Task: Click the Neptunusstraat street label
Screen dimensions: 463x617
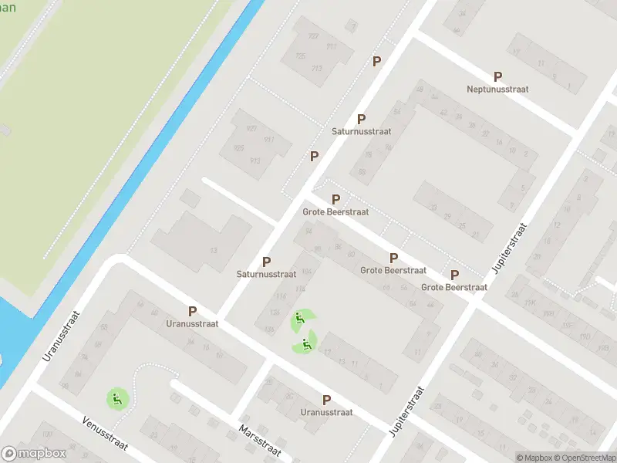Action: tap(497, 90)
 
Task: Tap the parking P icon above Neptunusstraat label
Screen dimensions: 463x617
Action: tap(497, 76)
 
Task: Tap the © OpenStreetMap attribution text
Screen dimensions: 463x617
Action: tap(584, 458)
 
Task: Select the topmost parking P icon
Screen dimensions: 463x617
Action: tap(377, 61)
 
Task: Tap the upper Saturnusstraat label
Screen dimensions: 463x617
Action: tap(361, 132)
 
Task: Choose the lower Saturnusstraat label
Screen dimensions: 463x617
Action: tap(267, 274)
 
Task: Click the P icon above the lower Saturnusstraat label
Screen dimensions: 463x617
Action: tap(267, 262)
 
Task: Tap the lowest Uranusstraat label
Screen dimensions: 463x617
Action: tap(326, 413)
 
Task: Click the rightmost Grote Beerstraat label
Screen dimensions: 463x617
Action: tap(454, 287)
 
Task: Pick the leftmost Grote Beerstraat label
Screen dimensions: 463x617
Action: tap(335, 211)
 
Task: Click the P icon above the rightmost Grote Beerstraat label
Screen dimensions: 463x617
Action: tap(454, 275)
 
